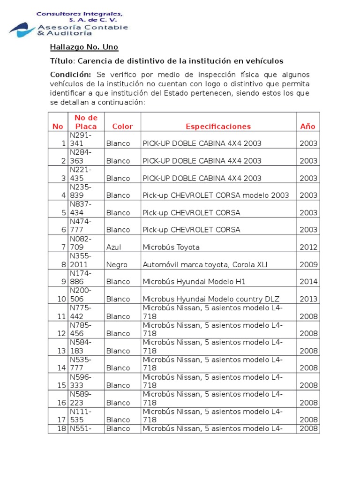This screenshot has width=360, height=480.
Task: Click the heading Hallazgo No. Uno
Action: click(84, 47)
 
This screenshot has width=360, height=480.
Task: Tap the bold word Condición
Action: click(70, 75)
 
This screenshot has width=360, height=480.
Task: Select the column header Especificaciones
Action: click(218, 126)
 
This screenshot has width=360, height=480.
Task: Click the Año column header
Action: click(307, 126)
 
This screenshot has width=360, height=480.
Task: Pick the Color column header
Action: click(122, 126)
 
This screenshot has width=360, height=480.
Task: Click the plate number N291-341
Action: click(81, 139)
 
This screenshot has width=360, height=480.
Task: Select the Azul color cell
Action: click(113, 247)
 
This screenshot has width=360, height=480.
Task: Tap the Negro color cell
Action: click(117, 264)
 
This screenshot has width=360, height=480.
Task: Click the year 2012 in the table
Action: click(308, 247)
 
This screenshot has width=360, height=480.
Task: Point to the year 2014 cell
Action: click(308, 282)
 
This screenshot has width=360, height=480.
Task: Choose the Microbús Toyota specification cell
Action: click(171, 247)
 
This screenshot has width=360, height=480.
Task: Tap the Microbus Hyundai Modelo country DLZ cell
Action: click(204, 299)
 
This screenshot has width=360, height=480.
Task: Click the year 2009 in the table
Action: click(308, 264)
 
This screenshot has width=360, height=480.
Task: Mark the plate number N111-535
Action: click(80, 415)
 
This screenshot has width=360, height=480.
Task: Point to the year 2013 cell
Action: click(308, 299)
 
